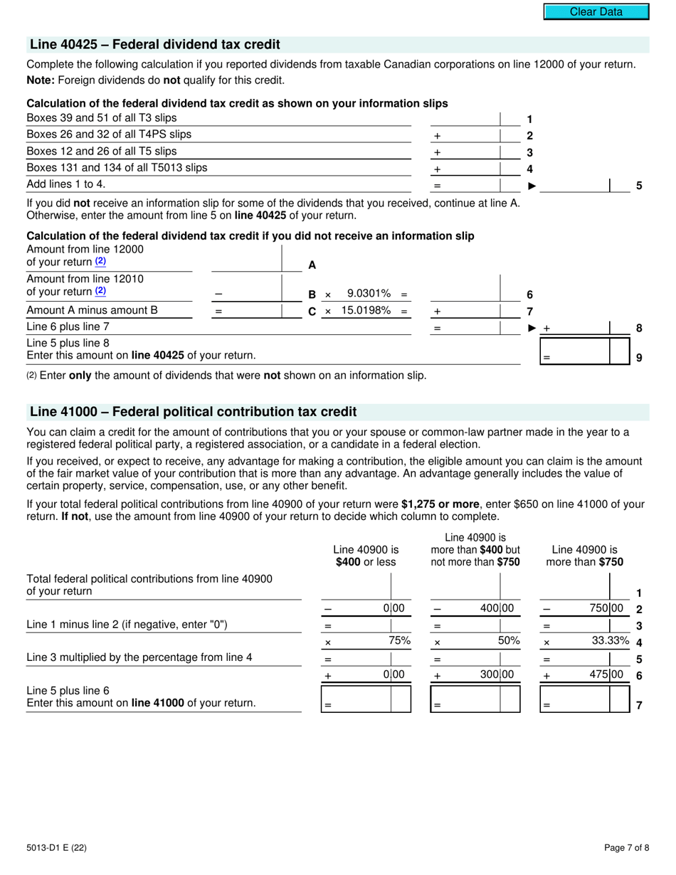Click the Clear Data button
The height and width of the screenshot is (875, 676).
click(x=596, y=11)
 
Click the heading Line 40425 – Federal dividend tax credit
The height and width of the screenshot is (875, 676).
click(x=154, y=45)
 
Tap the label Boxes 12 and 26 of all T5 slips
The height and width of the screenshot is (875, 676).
click(x=102, y=152)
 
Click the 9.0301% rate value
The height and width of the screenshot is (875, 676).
click(x=369, y=294)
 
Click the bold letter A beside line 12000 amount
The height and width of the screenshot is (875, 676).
click(x=312, y=265)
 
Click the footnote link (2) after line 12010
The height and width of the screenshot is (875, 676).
click(x=100, y=291)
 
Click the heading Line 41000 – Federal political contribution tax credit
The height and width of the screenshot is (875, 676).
click(x=193, y=412)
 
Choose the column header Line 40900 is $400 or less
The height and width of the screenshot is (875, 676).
click(x=366, y=556)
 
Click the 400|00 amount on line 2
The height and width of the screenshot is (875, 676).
click(x=498, y=608)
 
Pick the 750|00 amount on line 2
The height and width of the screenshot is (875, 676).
click(x=608, y=608)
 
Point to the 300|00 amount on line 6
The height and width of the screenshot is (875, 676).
click(x=498, y=674)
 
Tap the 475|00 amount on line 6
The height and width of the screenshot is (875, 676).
click(x=608, y=674)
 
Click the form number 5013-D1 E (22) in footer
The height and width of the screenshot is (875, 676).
click(x=57, y=847)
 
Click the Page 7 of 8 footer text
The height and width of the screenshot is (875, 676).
click(x=626, y=847)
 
